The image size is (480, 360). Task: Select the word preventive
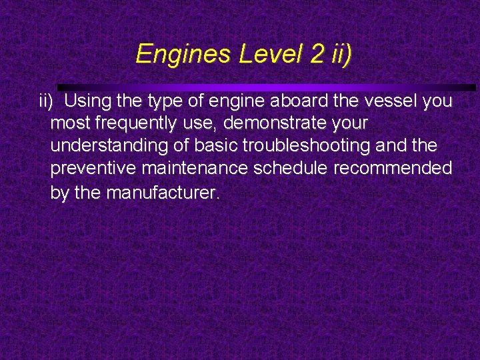pos(94,169)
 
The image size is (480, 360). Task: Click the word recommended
pos(393,169)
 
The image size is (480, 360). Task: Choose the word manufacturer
pos(162,193)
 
